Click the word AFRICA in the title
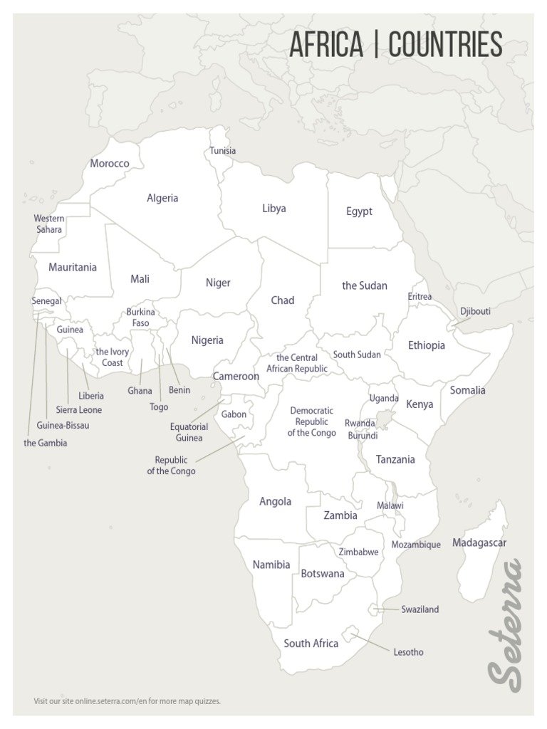325,45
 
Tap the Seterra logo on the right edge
506,626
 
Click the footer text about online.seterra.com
127,701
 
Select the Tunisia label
222,151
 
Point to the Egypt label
359,211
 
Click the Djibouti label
475,312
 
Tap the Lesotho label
408,651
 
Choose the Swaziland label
420,609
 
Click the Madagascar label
479,543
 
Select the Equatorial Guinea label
189,432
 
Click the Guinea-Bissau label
63,426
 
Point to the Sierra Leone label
78,410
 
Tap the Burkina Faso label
140,318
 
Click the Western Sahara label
49,224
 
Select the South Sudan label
356,355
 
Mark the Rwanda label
360,423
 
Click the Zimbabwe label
358,552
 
